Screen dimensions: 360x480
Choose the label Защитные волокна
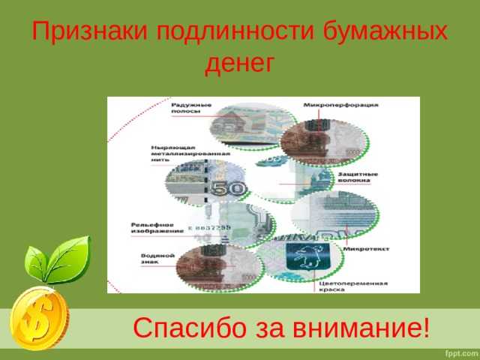click(361, 177)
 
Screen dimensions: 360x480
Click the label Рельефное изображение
click(153, 227)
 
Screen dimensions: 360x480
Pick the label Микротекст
click(364, 248)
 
